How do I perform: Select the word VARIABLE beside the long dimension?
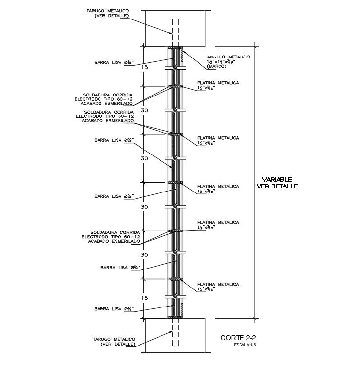pyautogui.click(x=277, y=179)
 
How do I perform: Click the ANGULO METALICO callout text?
pyautogui.click(x=228, y=57)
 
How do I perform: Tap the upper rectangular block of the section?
pyautogui.click(x=174, y=28)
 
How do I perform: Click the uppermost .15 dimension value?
pyautogui.click(x=143, y=67)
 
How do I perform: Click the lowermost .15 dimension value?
pyautogui.click(x=143, y=298)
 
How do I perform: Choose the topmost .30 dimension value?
pyautogui.click(x=143, y=111)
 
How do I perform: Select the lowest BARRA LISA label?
pyautogui.click(x=113, y=309)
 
